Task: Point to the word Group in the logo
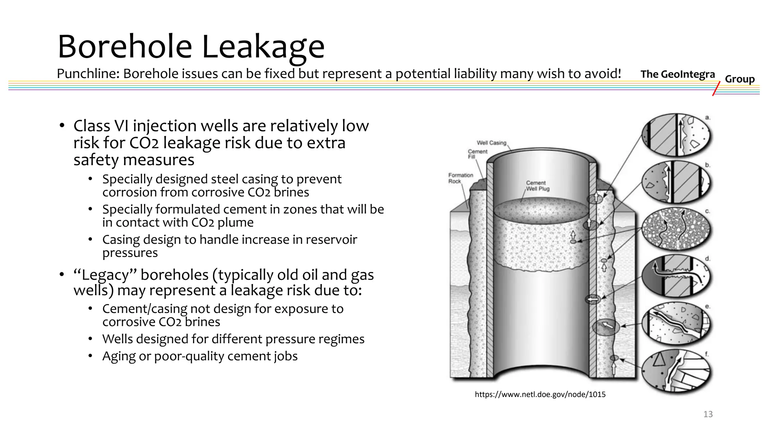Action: point(740,79)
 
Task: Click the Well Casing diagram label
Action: point(491,143)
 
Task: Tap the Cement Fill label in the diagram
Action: point(477,154)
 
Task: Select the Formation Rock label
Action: point(460,178)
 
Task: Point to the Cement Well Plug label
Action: point(538,185)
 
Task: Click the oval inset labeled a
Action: point(676,135)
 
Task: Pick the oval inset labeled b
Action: point(676,182)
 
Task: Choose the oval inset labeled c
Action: point(676,229)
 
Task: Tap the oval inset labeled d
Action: point(676,276)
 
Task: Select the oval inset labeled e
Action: point(676,323)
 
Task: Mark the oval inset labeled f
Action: point(676,371)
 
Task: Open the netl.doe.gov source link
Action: point(540,394)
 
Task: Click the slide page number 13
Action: point(708,414)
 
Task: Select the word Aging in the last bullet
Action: point(119,356)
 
